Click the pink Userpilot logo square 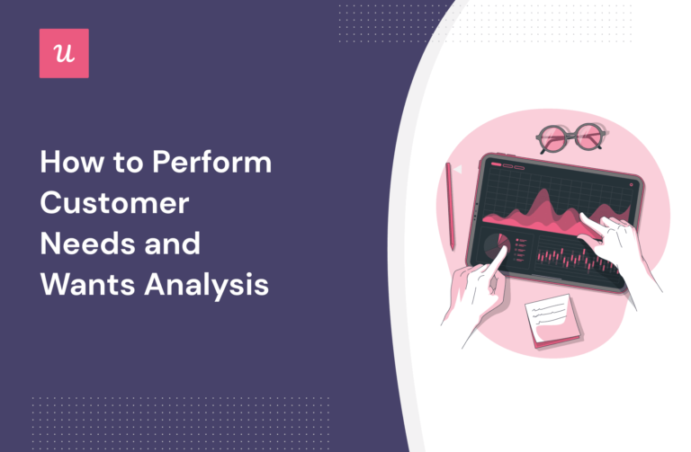tap(65, 53)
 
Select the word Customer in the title tap(113, 204)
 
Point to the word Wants tap(85, 286)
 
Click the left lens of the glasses tap(555, 140)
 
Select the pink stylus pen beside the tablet tap(450, 206)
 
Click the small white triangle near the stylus tap(458, 168)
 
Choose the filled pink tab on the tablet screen tap(489, 164)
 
